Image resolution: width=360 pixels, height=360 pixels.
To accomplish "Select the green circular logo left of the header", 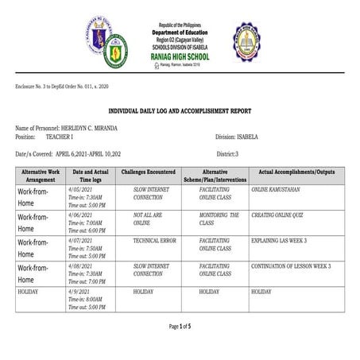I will [115, 51].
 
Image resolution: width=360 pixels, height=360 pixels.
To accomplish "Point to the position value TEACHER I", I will [63, 136].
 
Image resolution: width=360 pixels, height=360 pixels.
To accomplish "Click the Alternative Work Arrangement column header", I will [41, 176].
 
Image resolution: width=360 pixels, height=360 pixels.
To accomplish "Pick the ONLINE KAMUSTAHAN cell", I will [277, 191].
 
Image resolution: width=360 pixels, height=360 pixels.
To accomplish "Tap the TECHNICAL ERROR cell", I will [154, 239].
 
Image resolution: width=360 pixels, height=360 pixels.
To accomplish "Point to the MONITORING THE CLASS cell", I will [214, 219].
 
